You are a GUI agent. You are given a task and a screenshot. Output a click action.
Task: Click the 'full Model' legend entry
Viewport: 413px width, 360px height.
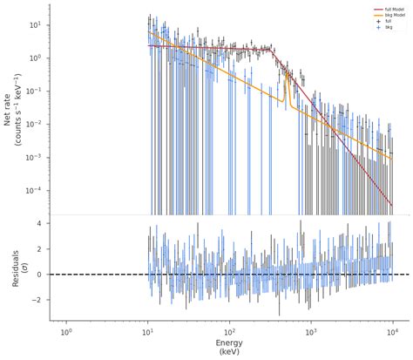[x=384, y=10]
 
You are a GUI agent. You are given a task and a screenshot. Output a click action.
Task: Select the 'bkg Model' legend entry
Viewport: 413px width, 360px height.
[x=384, y=15]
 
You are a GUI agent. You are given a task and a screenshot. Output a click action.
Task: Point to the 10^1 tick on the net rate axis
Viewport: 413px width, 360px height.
[x=37, y=24]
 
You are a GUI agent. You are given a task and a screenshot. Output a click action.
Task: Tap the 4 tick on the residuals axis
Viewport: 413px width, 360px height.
[x=40, y=224]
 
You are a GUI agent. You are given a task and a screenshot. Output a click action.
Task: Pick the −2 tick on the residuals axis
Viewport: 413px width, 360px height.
[x=38, y=299]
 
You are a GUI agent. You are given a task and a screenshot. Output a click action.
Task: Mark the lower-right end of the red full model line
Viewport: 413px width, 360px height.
[x=392, y=206]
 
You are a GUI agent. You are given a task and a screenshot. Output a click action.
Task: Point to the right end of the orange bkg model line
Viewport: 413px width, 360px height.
[x=392, y=161]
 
